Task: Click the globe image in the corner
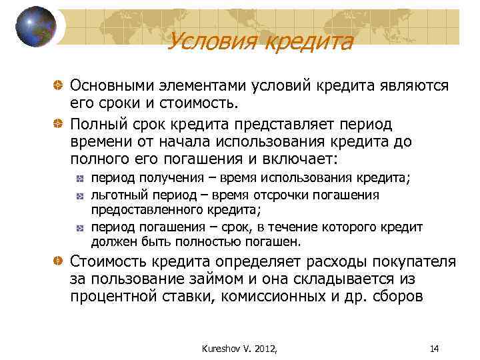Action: tap(37, 27)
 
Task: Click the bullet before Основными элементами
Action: tap(59, 87)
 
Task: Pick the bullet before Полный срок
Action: tap(59, 125)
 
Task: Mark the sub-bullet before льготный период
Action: tap(79, 195)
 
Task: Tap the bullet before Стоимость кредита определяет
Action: tap(59, 260)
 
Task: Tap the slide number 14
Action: tap(435, 347)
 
